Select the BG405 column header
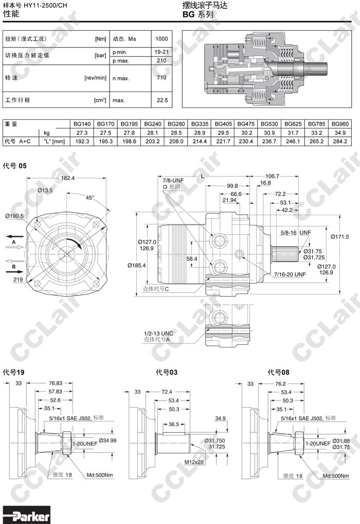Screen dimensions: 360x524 tap(223, 124)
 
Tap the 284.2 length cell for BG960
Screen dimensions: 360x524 tap(340, 142)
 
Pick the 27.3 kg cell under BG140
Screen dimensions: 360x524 tap(82, 133)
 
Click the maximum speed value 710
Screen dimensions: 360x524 tap(161, 77)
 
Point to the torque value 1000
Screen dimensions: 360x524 tap(161, 39)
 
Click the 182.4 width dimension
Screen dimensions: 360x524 tap(67, 178)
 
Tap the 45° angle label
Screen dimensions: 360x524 tap(89, 198)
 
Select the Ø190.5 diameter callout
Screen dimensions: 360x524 tap(14, 216)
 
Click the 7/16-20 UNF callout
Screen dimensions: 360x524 tap(290, 274)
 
